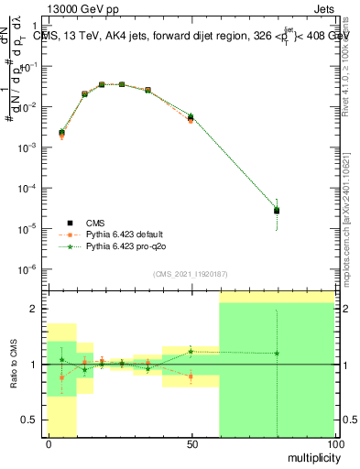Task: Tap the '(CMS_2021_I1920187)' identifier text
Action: click(x=190, y=274)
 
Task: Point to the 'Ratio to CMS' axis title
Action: click(x=12, y=365)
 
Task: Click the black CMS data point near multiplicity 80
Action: click(x=277, y=211)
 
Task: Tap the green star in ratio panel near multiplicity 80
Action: click(x=277, y=354)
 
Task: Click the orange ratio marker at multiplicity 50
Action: click(x=191, y=376)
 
